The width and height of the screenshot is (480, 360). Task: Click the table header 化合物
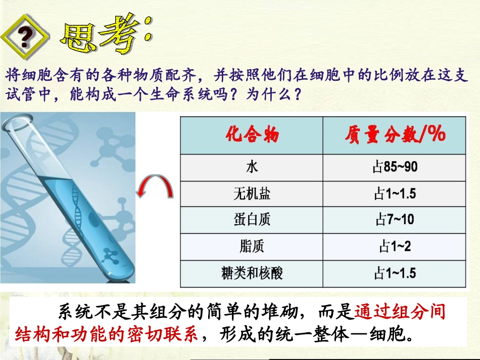[x=252, y=135]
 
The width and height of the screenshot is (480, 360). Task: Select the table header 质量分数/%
[x=395, y=134]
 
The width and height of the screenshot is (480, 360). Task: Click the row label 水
[x=252, y=167]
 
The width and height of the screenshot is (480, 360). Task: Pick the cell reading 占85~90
[x=395, y=167]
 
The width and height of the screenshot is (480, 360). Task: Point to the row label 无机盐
[x=252, y=193]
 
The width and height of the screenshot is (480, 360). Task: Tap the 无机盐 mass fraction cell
[x=395, y=193]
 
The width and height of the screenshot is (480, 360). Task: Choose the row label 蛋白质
[x=252, y=220]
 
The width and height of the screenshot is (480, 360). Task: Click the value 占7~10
[x=395, y=220]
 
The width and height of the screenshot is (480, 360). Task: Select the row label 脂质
[x=252, y=247]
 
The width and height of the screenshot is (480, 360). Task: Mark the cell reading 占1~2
[x=395, y=247]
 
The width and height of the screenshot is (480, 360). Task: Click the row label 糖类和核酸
[x=252, y=274]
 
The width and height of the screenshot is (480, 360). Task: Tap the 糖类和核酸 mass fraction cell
[x=395, y=274]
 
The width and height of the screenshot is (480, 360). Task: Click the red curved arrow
[x=157, y=191]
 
